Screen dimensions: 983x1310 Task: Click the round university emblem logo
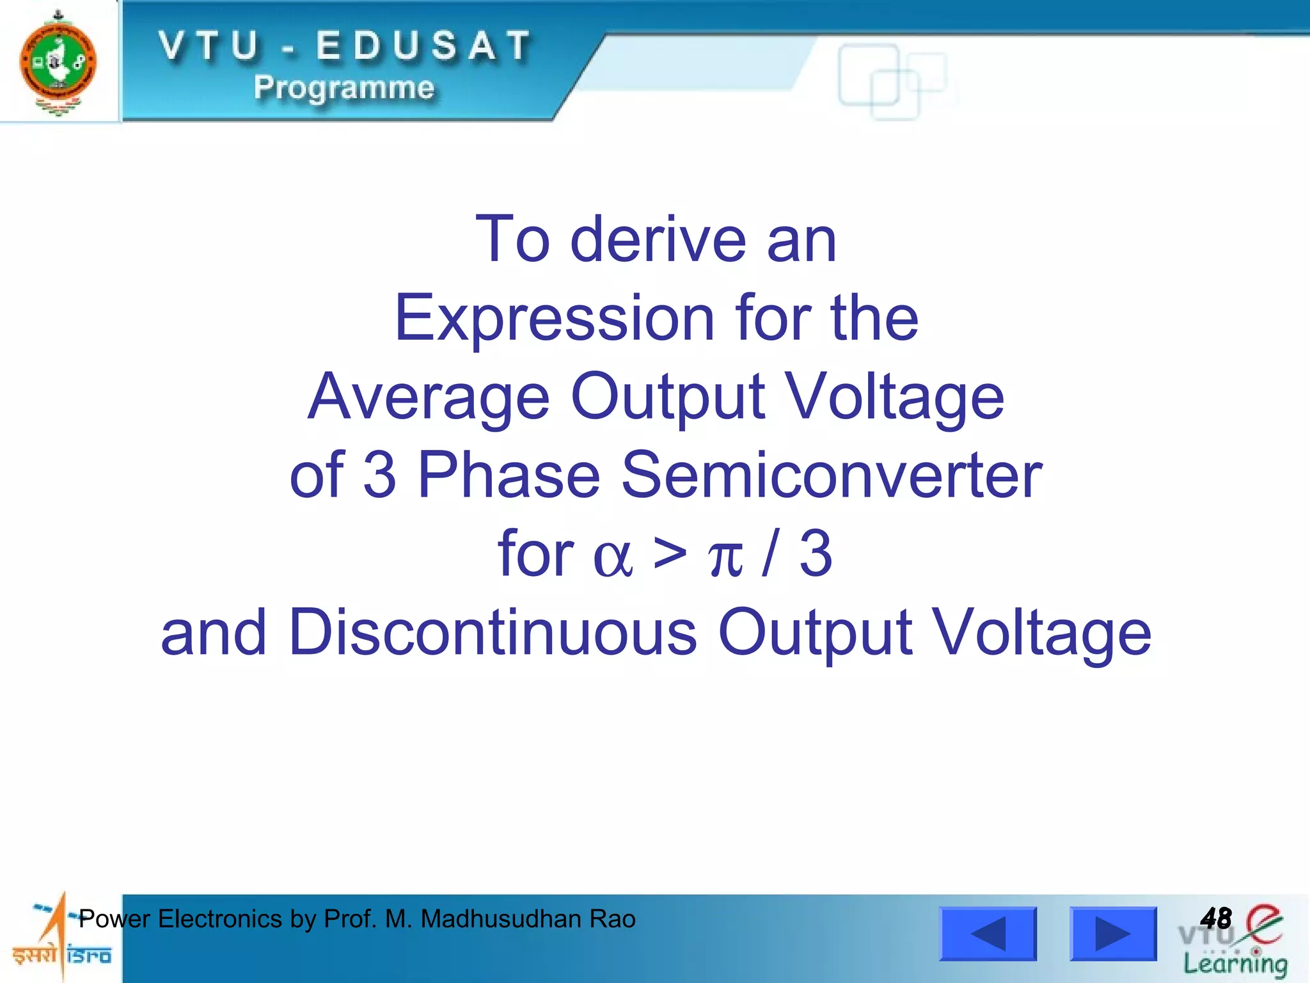click(58, 63)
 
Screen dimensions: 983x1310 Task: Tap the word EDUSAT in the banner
click(423, 47)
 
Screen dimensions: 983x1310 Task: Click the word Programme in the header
click(343, 88)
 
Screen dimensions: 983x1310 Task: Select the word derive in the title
click(658, 239)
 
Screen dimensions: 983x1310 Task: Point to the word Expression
click(554, 318)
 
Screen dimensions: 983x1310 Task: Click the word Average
click(428, 397)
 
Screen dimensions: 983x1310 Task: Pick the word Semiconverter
click(832, 476)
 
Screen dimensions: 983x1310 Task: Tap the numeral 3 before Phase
click(380, 476)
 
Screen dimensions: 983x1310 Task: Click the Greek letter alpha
click(612, 555)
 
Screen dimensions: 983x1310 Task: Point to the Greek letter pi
click(725, 557)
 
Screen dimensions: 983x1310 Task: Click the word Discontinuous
click(493, 633)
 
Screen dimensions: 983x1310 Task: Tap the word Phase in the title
click(509, 476)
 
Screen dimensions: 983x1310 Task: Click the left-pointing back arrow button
click(987, 934)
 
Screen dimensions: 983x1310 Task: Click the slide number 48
click(1215, 919)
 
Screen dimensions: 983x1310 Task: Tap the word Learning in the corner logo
click(1235, 964)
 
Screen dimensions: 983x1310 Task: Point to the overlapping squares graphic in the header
click(891, 82)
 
